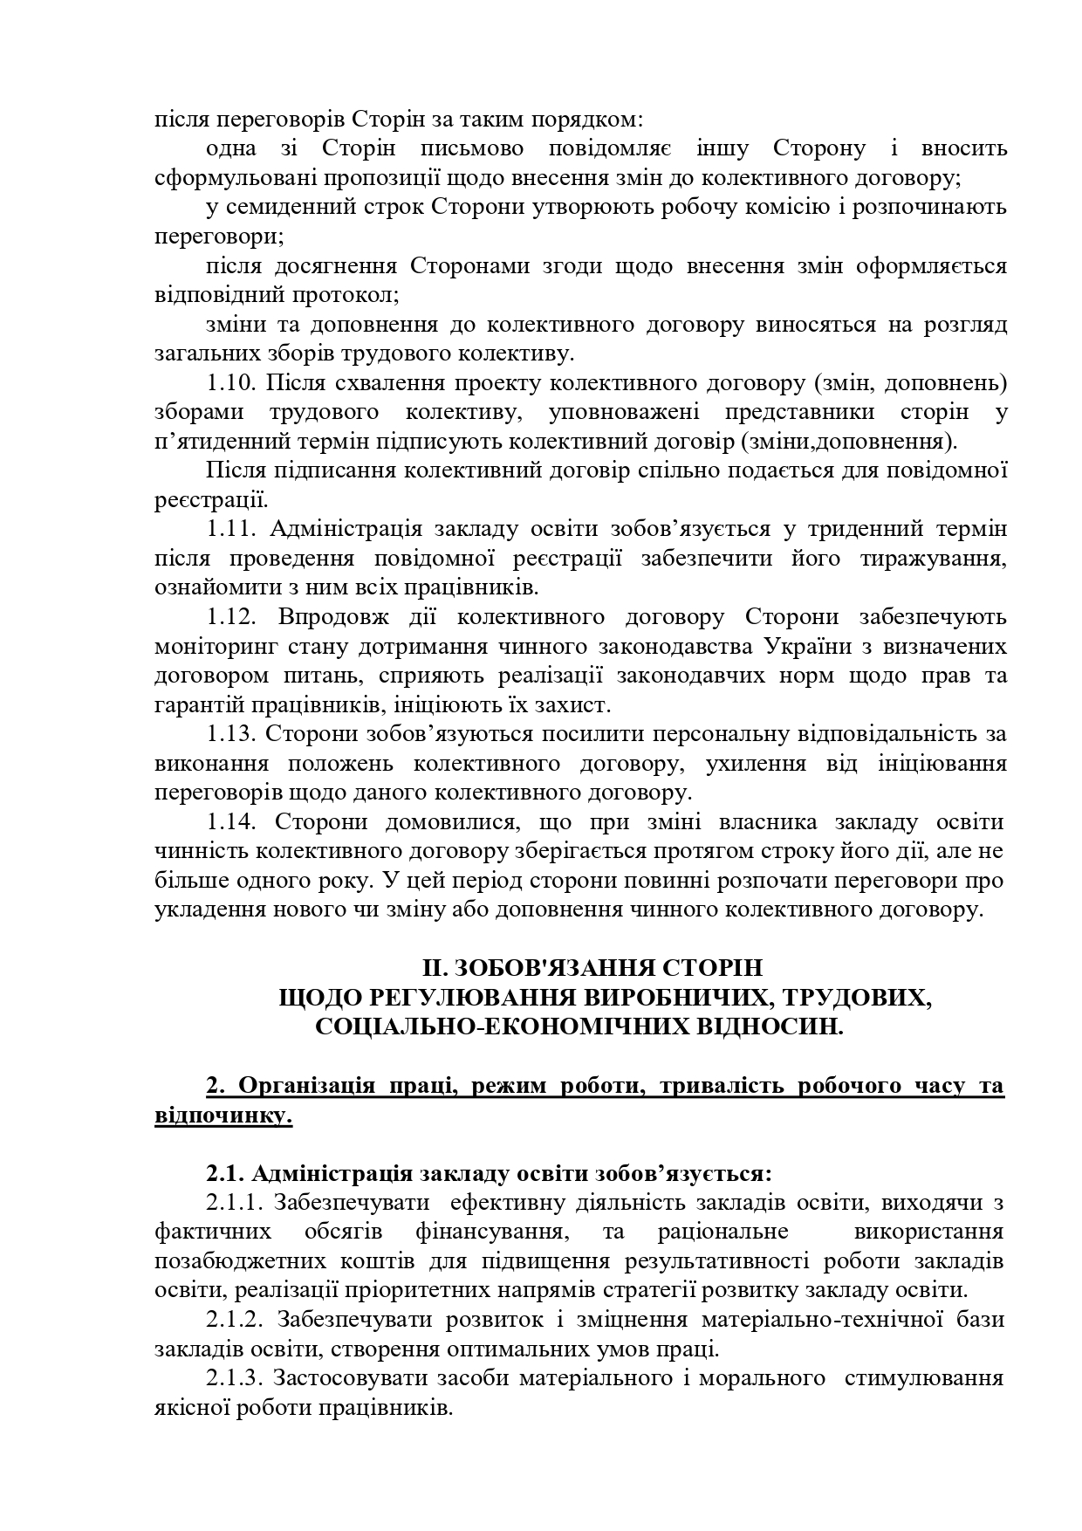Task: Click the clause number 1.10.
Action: [x=230, y=383]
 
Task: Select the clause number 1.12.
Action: [x=230, y=617]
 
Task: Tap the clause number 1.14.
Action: [x=230, y=822]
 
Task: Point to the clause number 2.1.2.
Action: [x=236, y=1320]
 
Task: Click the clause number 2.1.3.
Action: [x=236, y=1378]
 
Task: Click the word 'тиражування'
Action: [x=927, y=559]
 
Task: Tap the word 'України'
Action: [x=811, y=647]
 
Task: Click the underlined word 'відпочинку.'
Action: [x=223, y=1116]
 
